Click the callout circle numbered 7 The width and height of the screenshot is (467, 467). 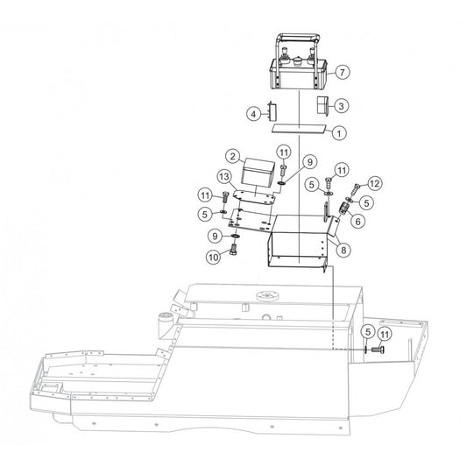click(343, 72)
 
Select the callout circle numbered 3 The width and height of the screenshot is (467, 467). click(342, 106)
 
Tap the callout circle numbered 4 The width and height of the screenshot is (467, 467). click(254, 114)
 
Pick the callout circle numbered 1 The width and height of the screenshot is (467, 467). click(339, 133)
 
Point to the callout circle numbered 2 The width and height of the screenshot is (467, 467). click(233, 156)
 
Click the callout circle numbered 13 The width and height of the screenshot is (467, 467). click(224, 177)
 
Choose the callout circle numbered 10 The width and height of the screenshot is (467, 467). click(214, 257)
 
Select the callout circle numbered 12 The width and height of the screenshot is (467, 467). click(375, 183)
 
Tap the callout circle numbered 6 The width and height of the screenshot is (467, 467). click(357, 221)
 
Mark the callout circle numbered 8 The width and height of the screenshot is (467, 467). click(343, 250)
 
